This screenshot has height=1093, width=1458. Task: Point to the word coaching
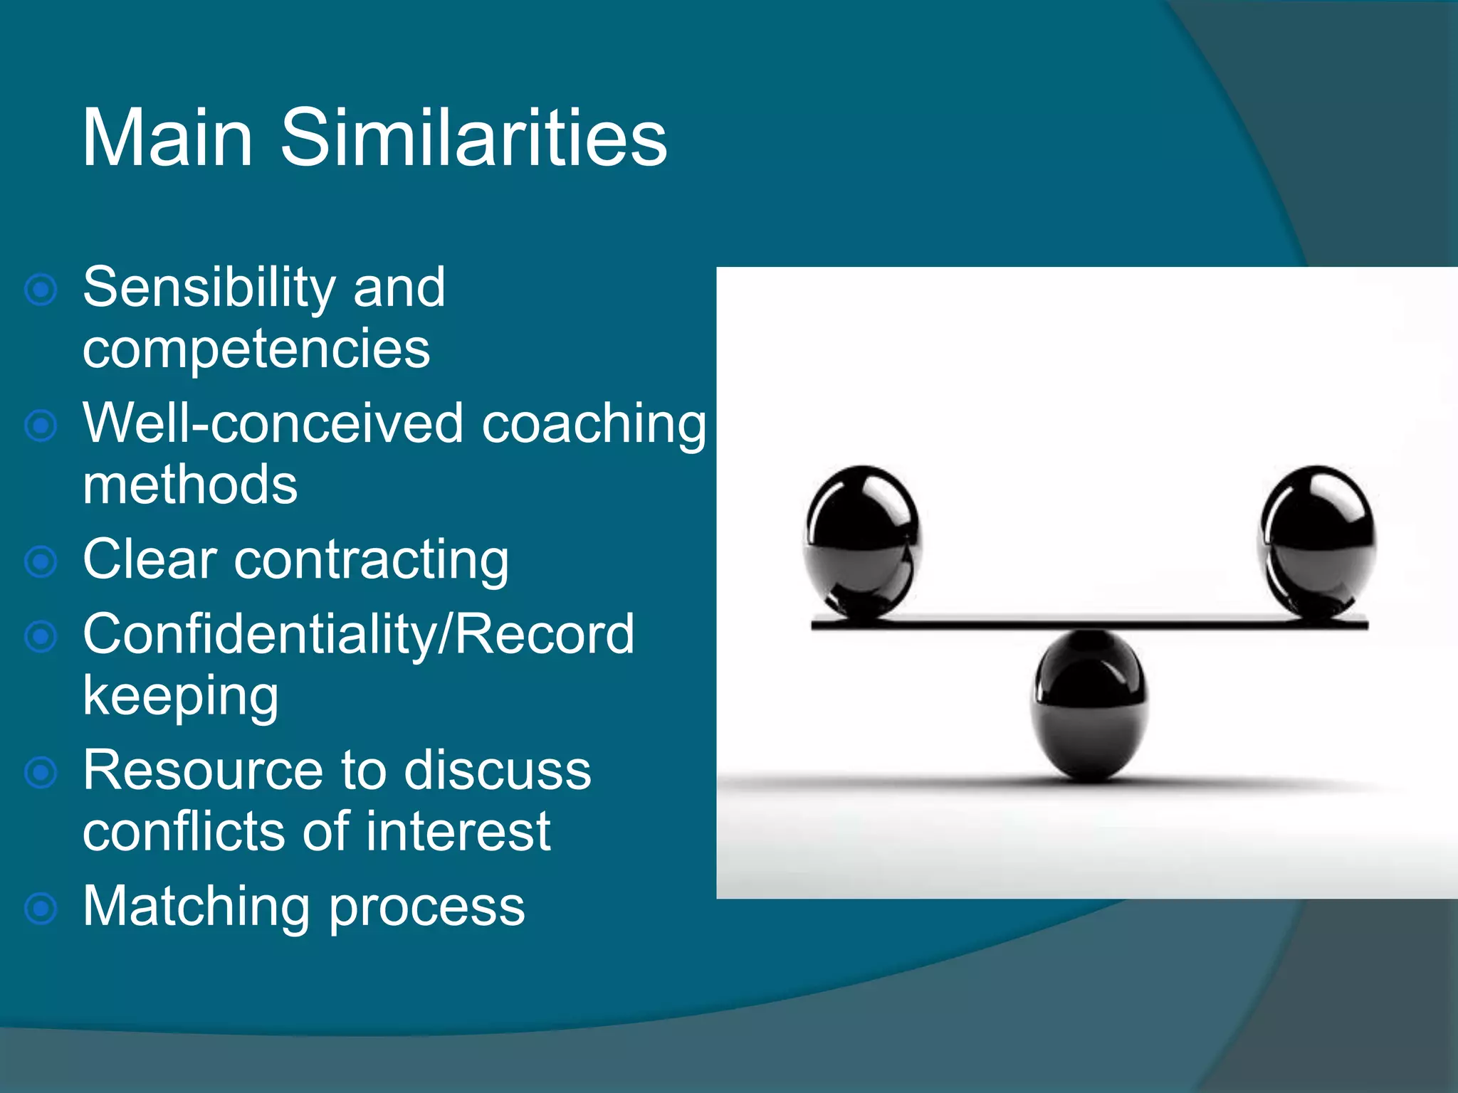594,425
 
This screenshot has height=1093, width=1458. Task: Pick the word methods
190,485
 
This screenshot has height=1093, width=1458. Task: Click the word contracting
371,561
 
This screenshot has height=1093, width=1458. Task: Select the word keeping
181,697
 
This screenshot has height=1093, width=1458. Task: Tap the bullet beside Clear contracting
41,562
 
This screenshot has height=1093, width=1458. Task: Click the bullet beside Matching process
41,909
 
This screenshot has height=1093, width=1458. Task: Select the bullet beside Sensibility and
41,290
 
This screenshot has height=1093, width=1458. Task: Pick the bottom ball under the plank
1089,704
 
